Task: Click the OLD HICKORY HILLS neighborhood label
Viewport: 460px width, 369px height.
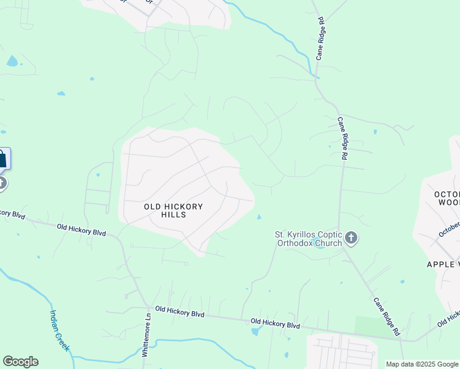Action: coord(173,210)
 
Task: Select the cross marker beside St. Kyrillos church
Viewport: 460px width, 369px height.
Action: coord(351,237)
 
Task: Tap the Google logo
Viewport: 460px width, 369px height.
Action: coord(20,362)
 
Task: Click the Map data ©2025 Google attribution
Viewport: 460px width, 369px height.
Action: coord(422,364)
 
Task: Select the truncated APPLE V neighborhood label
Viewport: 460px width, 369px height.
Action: coord(443,264)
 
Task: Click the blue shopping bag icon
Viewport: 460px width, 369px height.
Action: coord(2,159)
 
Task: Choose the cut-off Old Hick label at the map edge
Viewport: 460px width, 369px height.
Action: coord(448,319)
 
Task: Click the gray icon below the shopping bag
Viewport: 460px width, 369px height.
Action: coord(2,183)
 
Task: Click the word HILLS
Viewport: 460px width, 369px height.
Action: coord(173,215)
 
